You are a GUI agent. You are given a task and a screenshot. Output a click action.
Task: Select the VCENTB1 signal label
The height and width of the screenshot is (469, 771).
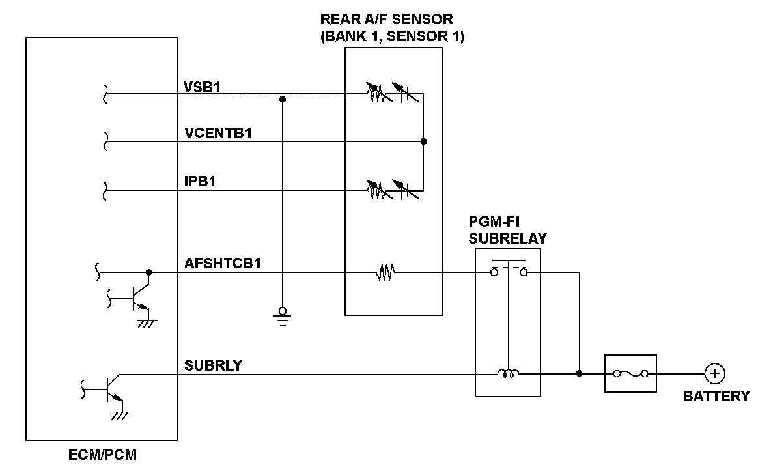(218, 134)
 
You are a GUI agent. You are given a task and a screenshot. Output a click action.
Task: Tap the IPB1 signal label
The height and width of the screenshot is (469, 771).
(200, 182)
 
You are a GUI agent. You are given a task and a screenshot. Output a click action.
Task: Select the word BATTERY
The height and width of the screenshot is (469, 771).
(716, 396)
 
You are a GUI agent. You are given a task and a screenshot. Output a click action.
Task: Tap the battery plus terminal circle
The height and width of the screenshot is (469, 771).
(714, 374)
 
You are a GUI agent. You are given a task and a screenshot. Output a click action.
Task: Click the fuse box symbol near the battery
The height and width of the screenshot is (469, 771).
(630, 374)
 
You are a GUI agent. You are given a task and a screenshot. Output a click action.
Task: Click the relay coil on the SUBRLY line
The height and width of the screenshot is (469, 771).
(507, 373)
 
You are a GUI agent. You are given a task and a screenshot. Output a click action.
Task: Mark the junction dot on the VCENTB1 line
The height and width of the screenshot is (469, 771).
(423, 141)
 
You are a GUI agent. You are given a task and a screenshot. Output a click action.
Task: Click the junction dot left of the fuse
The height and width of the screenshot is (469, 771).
(579, 374)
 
